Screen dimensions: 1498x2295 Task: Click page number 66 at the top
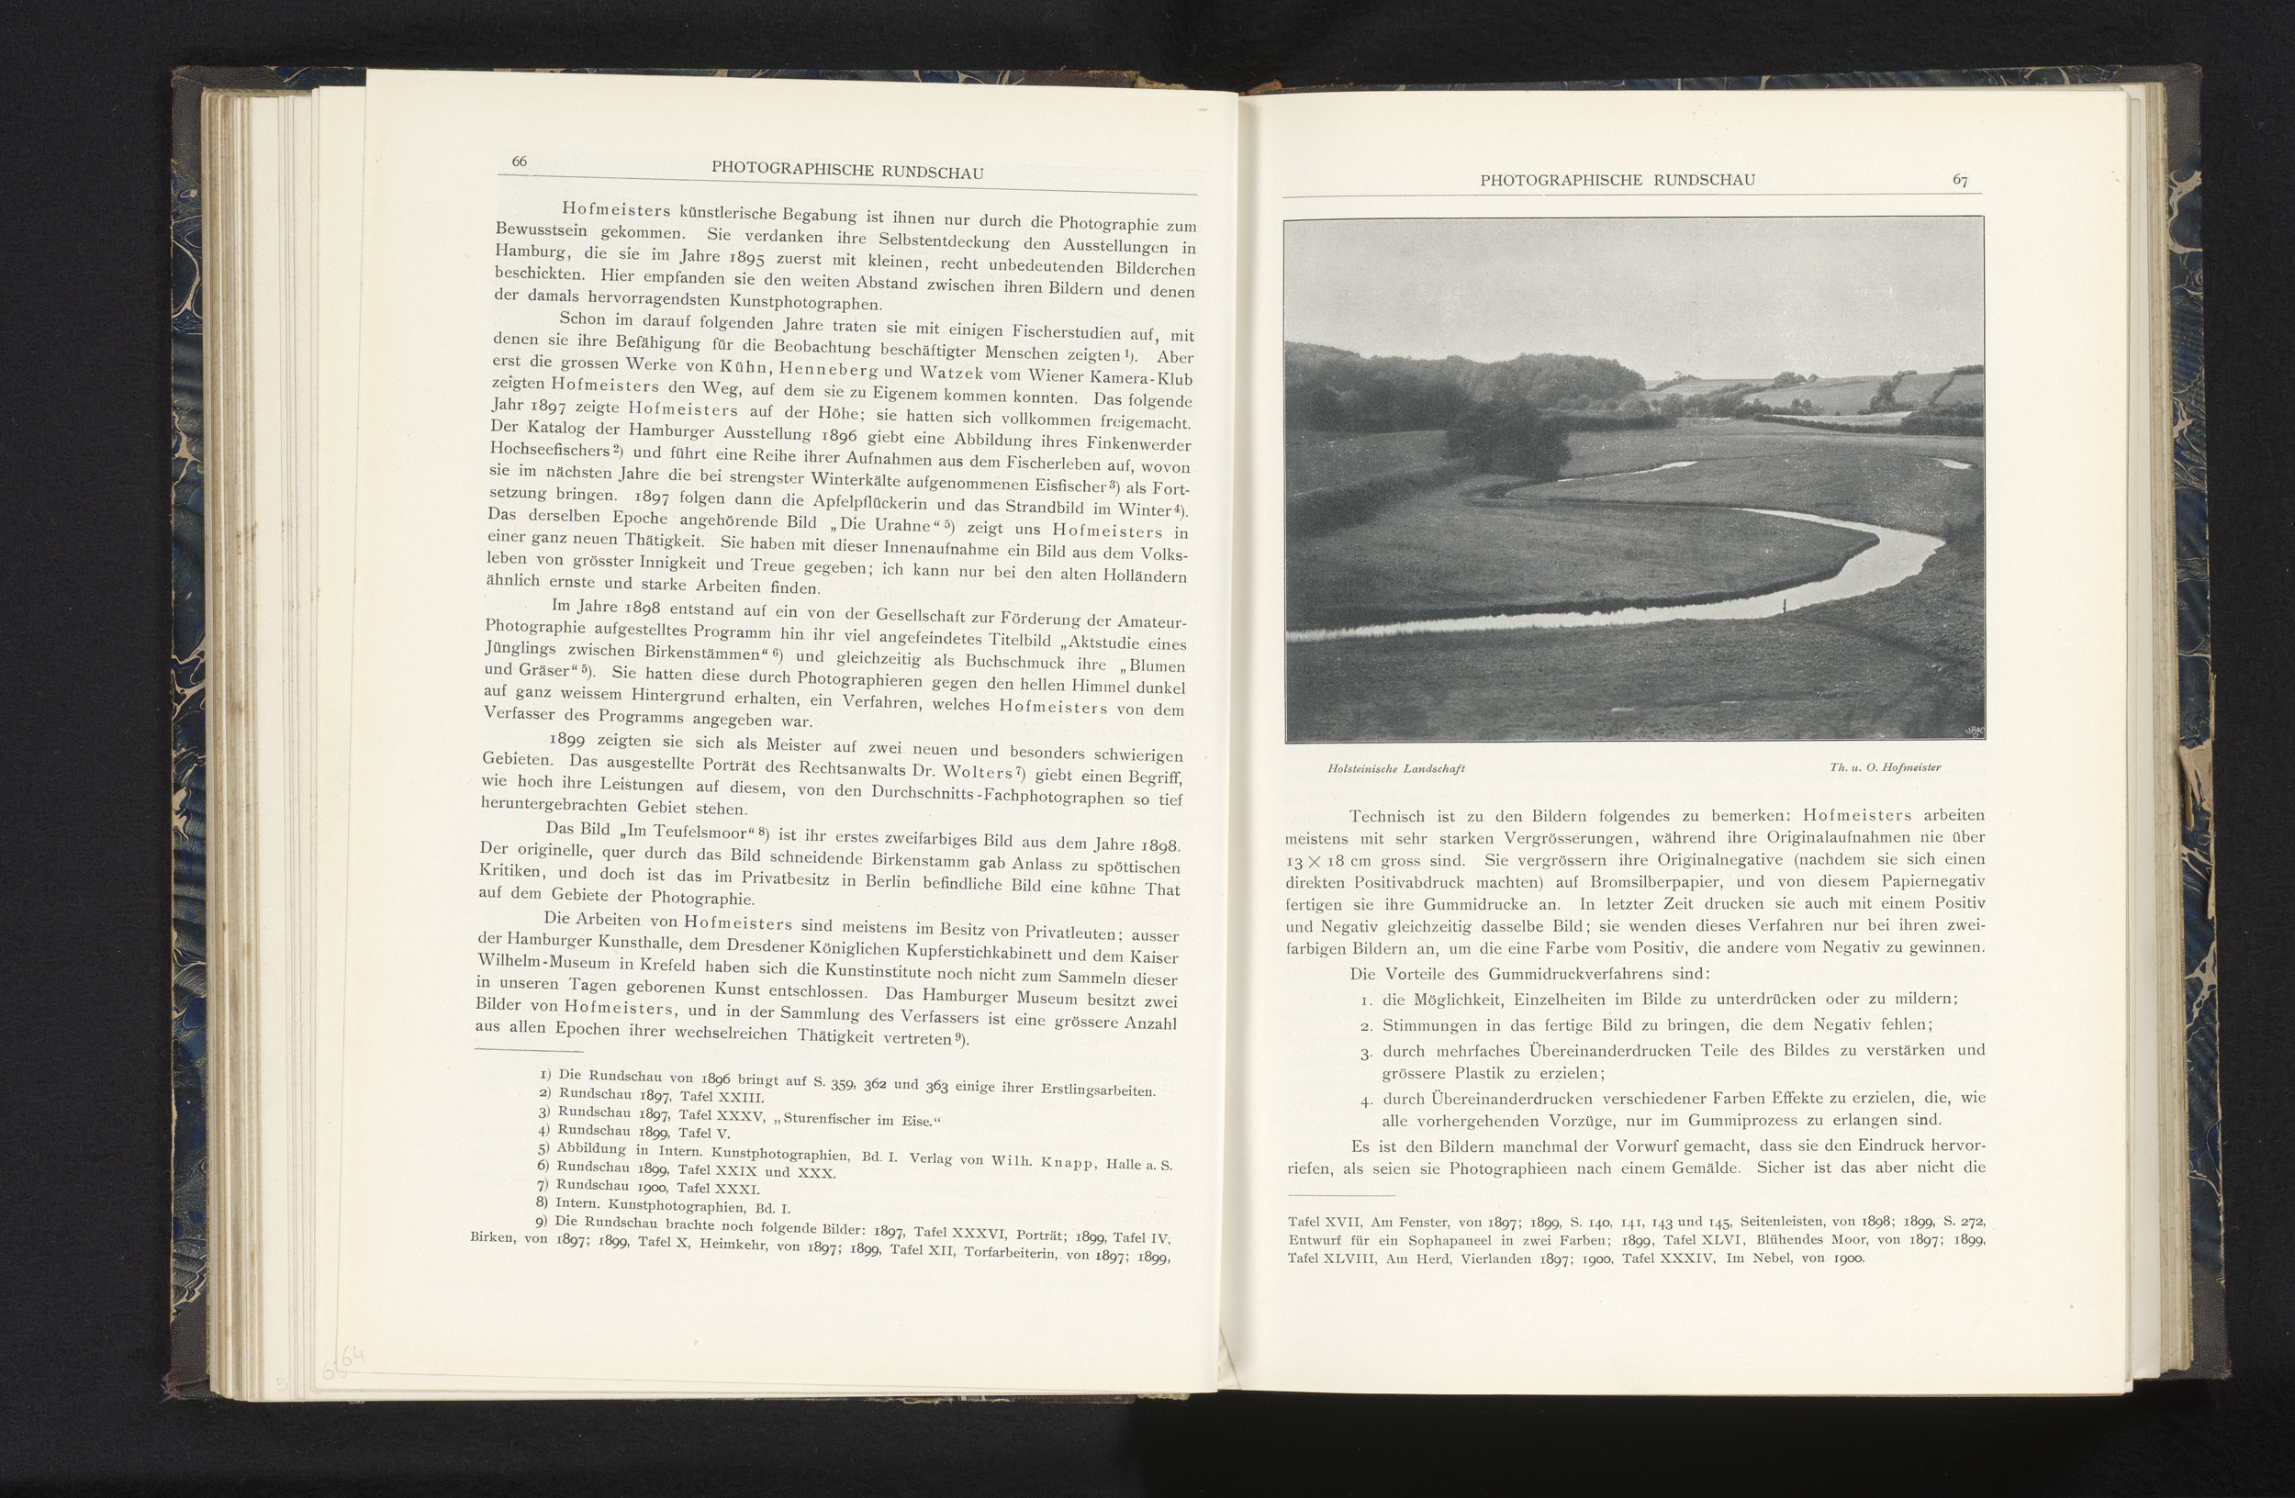pos(519,161)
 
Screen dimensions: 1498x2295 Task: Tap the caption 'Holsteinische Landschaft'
pos(1396,768)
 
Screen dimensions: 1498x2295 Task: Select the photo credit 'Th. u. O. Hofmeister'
pos(1886,767)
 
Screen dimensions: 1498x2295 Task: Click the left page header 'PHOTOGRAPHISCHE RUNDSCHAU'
pos(846,172)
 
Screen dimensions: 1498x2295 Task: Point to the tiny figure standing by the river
pos(1785,606)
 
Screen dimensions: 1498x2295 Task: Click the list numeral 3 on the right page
pos(1365,1053)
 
